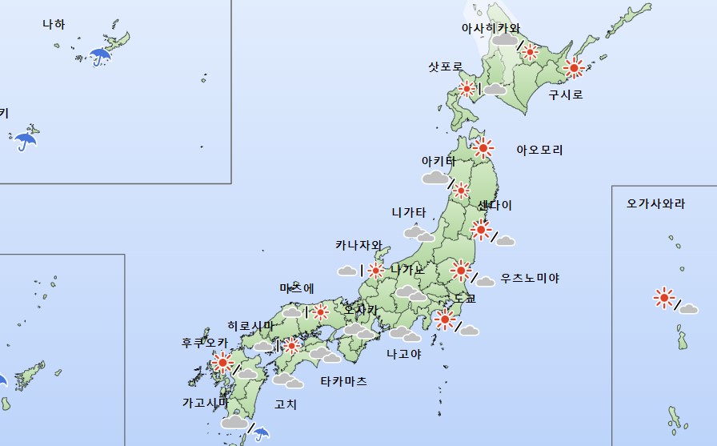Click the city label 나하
tap(54, 24)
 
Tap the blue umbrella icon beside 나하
tap(100, 56)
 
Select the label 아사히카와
tap(491, 27)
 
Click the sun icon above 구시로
tap(573, 68)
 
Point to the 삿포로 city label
tap(446, 66)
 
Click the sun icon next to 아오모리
tap(483, 147)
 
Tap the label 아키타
tap(439, 160)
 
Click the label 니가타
tap(409, 212)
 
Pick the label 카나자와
tap(358, 245)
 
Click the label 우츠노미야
tap(530, 278)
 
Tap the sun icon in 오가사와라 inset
tap(663, 298)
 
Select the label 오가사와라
tap(656, 203)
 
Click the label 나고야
tap(403, 352)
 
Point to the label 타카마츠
tap(343, 381)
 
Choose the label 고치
tap(286, 404)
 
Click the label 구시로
tap(566, 94)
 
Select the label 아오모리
tap(539, 150)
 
